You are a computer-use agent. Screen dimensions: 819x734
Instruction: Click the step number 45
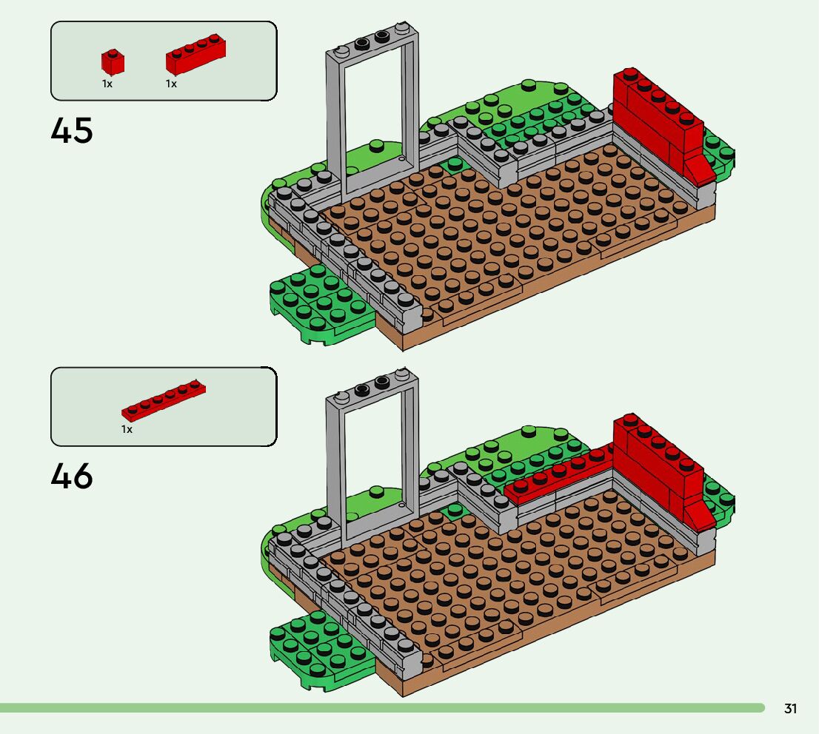(x=72, y=131)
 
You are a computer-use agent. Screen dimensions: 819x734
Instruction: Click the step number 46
(x=72, y=477)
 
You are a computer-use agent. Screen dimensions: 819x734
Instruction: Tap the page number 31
(x=790, y=709)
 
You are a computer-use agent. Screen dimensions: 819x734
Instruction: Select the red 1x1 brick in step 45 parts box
(x=113, y=61)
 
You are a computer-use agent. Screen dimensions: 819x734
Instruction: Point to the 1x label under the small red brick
(x=107, y=84)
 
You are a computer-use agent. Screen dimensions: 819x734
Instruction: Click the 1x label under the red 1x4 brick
(x=171, y=84)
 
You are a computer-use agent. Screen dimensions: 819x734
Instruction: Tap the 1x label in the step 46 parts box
(x=127, y=429)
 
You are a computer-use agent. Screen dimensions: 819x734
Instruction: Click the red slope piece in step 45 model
(x=700, y=168)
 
